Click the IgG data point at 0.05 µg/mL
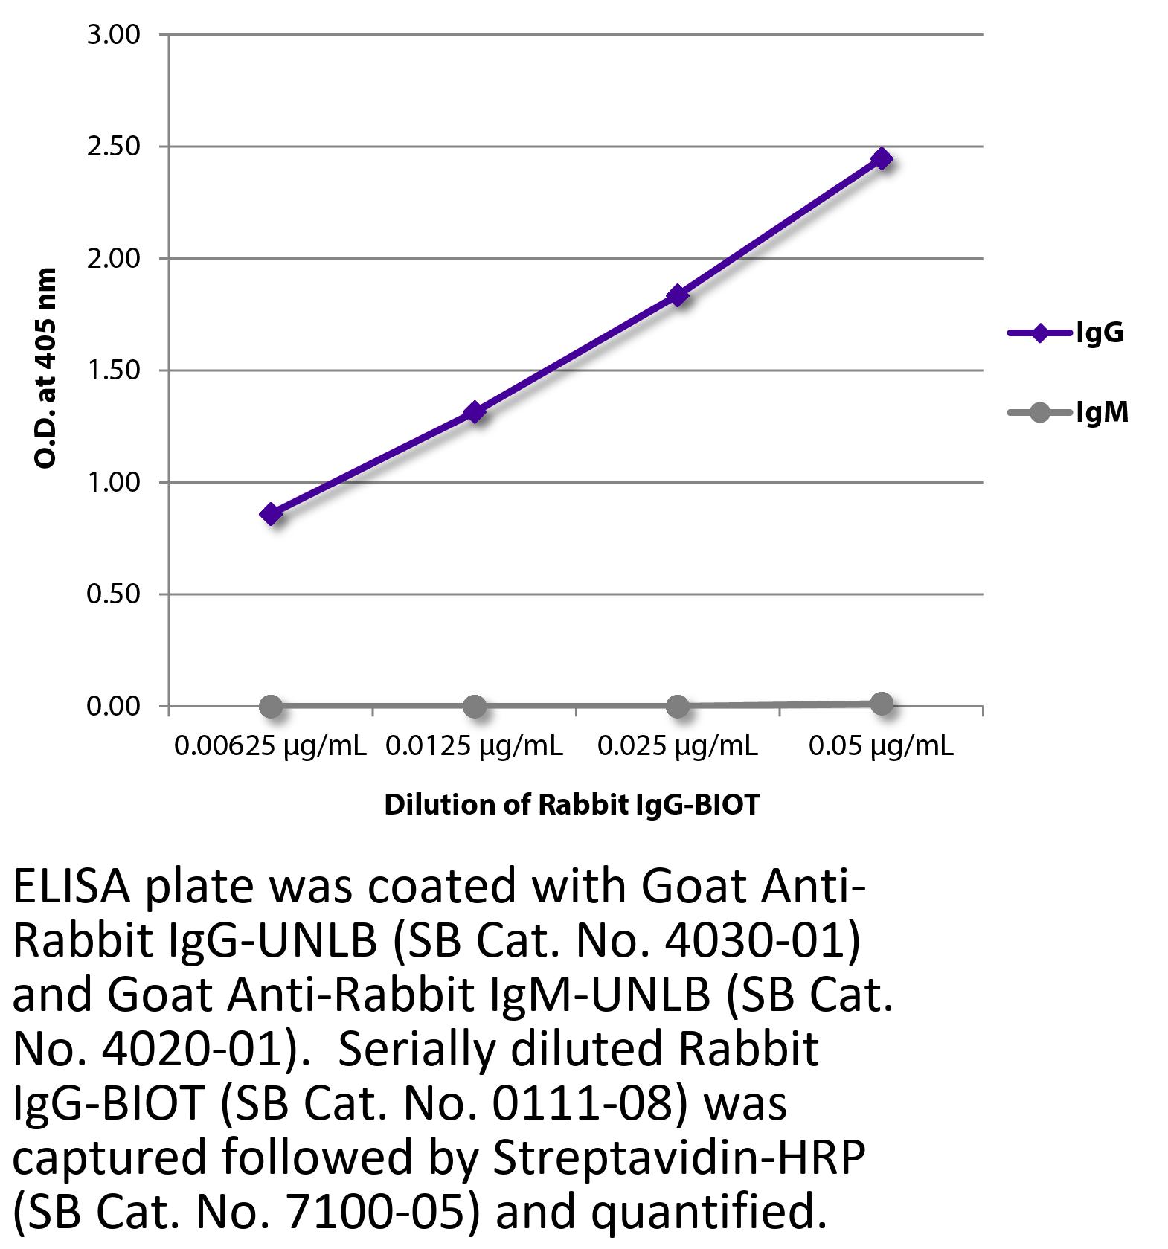(x=882, y=158)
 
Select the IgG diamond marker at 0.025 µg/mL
(x=678, y=295)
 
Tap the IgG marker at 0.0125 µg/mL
(x=475, y=411)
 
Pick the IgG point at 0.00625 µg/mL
(x=272, y=513)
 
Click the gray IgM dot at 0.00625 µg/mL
(x=272, y=706)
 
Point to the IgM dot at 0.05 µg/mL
(x=882, y=703)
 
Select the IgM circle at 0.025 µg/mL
(x=678, y=705)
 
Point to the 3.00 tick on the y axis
(x=113, y=35)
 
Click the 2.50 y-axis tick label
(x=113, y=147)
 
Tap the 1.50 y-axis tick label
(x=113, y=370)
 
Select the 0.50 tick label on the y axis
(x=113, y=594)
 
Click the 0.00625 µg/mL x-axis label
(x=270, y=745)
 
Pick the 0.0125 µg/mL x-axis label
(x=474, y=745)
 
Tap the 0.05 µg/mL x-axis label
(x=881, y=745)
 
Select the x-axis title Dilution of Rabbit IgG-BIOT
(x=572, y=805)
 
